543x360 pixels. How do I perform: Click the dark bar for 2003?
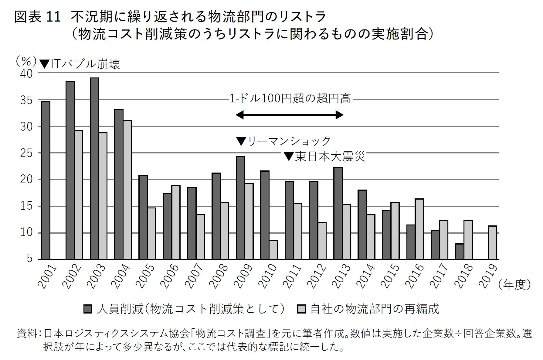pos(94,169)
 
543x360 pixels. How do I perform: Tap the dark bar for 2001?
pos(46,180)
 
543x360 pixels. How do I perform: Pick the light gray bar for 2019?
pos(492,242)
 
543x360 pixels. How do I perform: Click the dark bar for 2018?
pos(460,252)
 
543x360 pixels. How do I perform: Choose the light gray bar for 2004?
pos(127,190)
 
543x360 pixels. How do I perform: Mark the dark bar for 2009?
pos(240,208)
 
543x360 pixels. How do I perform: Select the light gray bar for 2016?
pos(419,229)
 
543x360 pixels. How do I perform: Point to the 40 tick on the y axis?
pos(26,74)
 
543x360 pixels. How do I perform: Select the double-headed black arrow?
pos(289,115)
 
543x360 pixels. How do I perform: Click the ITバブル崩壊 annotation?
pos(80,64)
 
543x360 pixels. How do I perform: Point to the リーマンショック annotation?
pos(283,141)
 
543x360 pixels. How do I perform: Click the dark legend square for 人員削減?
pos(88,309)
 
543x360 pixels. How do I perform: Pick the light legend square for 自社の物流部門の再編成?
pos(302,309)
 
